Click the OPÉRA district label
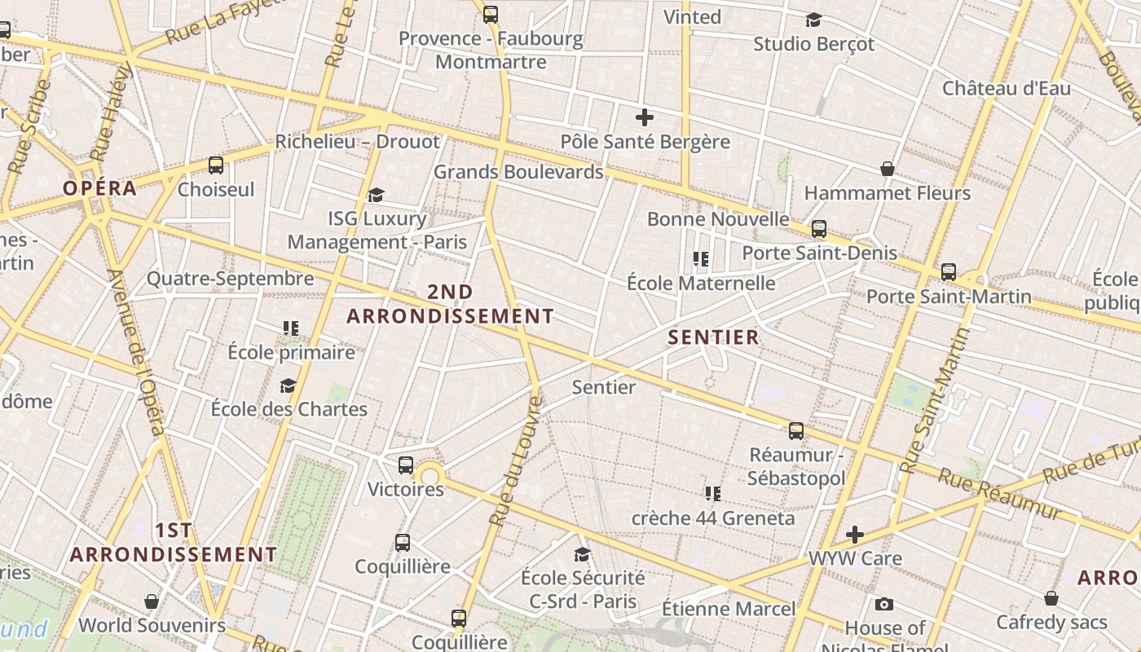point(100,188)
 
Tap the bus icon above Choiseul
point(216,165)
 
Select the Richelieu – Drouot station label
point(357,142)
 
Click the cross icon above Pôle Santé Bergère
point(645,117)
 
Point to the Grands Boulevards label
point(518,172)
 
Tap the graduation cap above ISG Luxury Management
point(376,195)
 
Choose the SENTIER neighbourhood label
point(713,337)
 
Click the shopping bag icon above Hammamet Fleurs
point(888,170)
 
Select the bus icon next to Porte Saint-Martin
point(949,272)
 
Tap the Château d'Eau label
point(1007,88)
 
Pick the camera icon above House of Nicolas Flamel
point(884,604)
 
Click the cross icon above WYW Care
point(855,535)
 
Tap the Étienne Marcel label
point(728,609)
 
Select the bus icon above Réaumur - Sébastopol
point(796,431)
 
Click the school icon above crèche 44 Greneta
point(713,494)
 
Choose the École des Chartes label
point(289,408)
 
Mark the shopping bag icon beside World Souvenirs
point(152,602)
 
